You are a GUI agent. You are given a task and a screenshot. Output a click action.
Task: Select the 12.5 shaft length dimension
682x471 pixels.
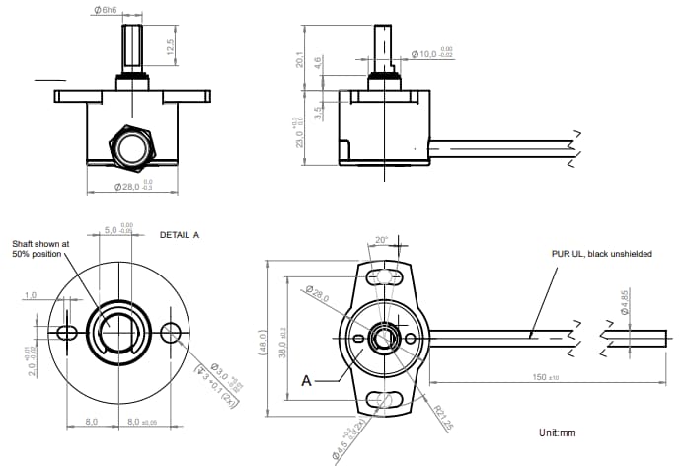pyautogui.click(x=170, y=47)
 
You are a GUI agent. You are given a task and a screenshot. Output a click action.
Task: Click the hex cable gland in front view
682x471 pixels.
pyautogui.click(x=131, y=144)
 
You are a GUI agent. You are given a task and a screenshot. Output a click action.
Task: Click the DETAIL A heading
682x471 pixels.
pyautogui.click(x=180, y=235)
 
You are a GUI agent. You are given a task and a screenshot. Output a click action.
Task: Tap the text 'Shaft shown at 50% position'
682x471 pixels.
pyautogui.click(x=40, y=248)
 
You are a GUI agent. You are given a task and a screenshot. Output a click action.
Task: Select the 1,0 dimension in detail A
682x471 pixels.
pyautogui.click(x=30, y=295)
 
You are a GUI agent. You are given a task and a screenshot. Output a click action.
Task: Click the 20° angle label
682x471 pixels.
pyautogui.click(x=382, y=240)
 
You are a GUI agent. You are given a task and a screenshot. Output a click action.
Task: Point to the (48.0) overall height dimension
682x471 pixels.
pyautogui.click(x=264, y=340)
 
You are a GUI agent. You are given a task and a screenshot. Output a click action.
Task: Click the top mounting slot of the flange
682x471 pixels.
pyautogui.click(x=381, y=276)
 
